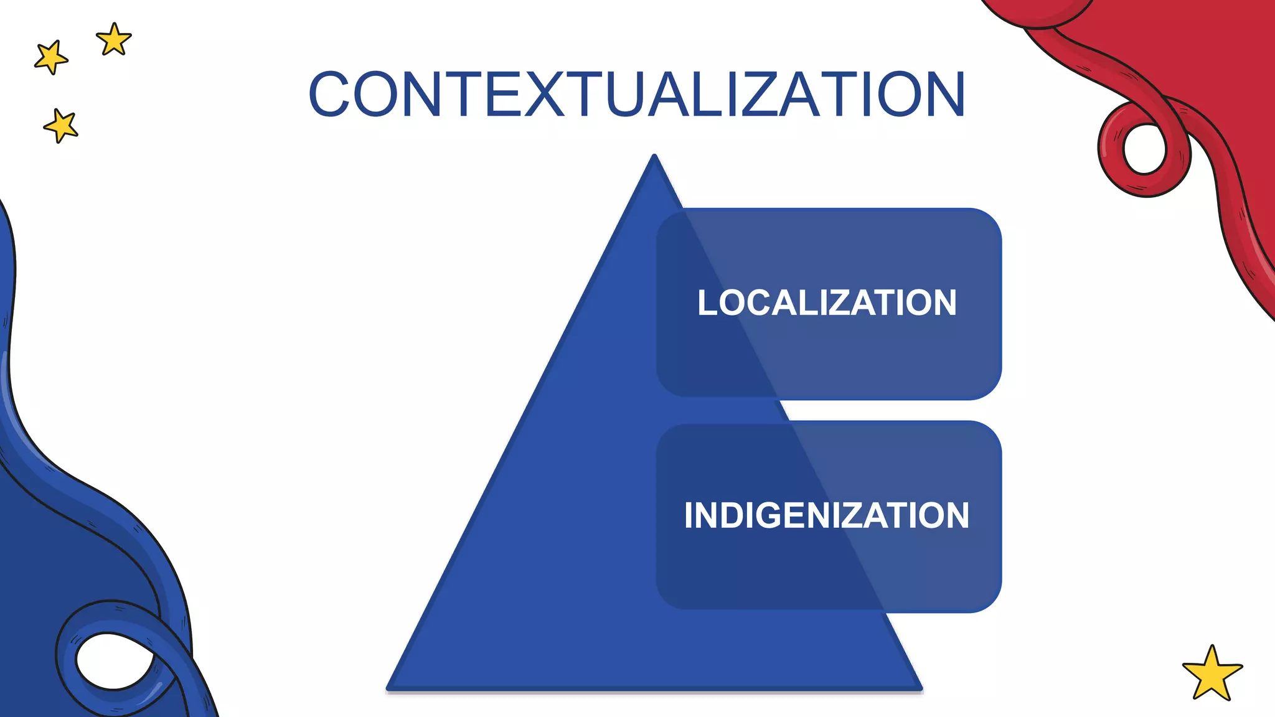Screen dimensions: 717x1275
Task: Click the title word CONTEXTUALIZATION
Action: point(636,95)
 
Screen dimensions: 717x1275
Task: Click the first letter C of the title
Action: point(329,95)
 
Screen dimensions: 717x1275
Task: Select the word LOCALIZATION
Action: point(827,303)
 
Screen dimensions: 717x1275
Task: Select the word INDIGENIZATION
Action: point(827,515)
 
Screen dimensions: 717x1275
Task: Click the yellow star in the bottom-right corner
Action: point(1211,675)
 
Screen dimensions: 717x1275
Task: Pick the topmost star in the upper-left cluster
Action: point(114,40)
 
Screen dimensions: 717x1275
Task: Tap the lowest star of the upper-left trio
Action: point(61,126)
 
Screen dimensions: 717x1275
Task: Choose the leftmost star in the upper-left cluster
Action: point(51,58)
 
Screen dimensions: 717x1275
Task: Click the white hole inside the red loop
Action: point(1144,149)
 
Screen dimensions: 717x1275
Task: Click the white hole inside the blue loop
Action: point(113,661)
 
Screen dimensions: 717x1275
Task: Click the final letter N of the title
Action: point(943,95)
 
